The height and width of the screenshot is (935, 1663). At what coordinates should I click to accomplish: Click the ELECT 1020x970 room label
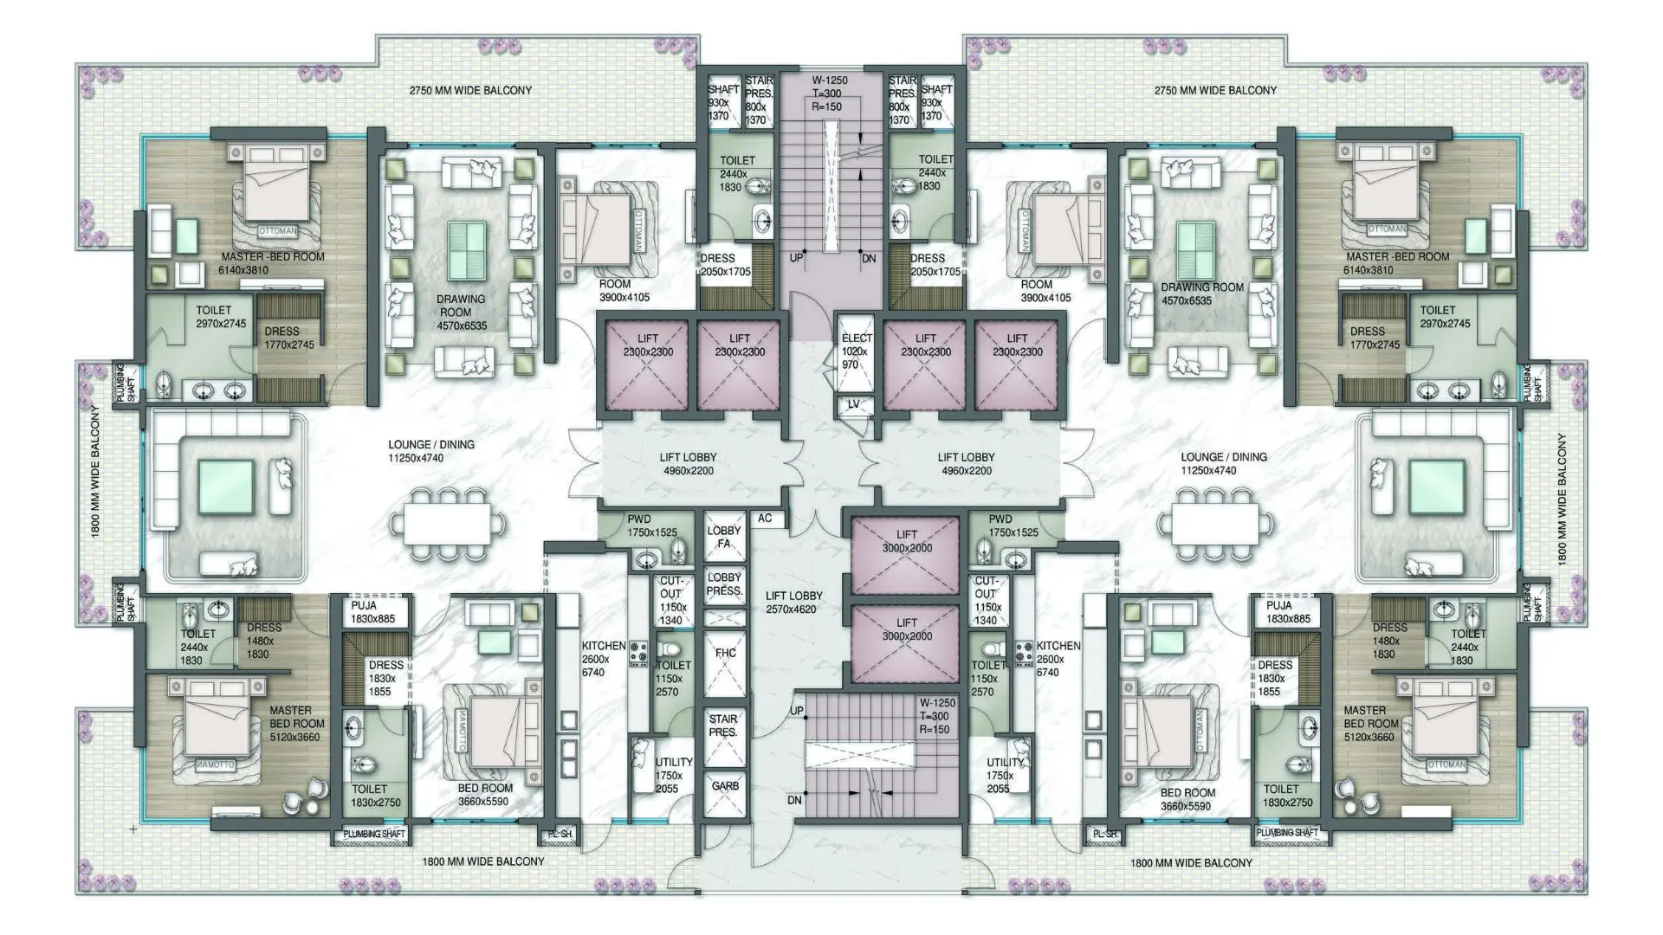(x=856, y=351)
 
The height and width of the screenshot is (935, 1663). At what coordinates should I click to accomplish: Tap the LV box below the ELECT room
(x=853, y=404)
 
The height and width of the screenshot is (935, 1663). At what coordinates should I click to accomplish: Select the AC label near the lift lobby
(x=765, y=519)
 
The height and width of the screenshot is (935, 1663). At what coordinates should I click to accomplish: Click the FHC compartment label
(x=725, y=653)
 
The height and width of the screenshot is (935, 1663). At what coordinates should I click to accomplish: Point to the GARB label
(x=725, y=786)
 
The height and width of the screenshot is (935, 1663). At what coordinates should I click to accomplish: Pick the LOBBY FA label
(x=724, y=537)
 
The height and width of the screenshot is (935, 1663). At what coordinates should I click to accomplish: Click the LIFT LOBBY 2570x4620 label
(x=793, y=603)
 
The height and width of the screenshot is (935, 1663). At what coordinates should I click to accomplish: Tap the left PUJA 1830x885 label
(x=372, y=612)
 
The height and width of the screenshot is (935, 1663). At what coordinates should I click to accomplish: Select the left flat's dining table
(x=447, y=524)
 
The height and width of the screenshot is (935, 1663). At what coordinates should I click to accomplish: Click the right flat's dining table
(x=1214, y=524)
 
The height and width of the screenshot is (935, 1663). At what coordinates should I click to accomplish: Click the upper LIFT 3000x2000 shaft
(x=907, y=542)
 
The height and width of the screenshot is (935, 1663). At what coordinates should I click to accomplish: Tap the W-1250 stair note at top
(x=830, y=93)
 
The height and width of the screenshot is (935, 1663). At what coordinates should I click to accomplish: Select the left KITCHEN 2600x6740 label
(x=603, y=659)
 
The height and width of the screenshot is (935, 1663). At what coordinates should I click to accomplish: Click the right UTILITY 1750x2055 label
(x=1005, y=776)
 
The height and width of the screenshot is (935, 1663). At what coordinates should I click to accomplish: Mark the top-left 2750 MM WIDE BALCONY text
(x=470, y=90)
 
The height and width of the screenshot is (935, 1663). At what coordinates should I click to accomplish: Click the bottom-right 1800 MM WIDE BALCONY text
(x=1191, y=863)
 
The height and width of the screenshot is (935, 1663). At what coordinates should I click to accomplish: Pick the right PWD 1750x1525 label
(x=1013, y=526)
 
